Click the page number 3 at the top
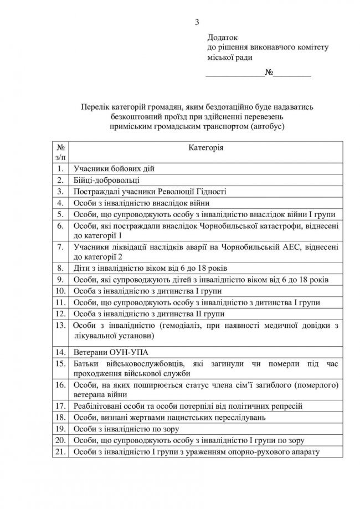pos(197,22)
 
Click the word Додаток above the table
pos(222,38)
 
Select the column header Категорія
pos(206,148)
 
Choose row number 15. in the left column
pos(60,363)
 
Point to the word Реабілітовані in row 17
pos(96,406)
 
